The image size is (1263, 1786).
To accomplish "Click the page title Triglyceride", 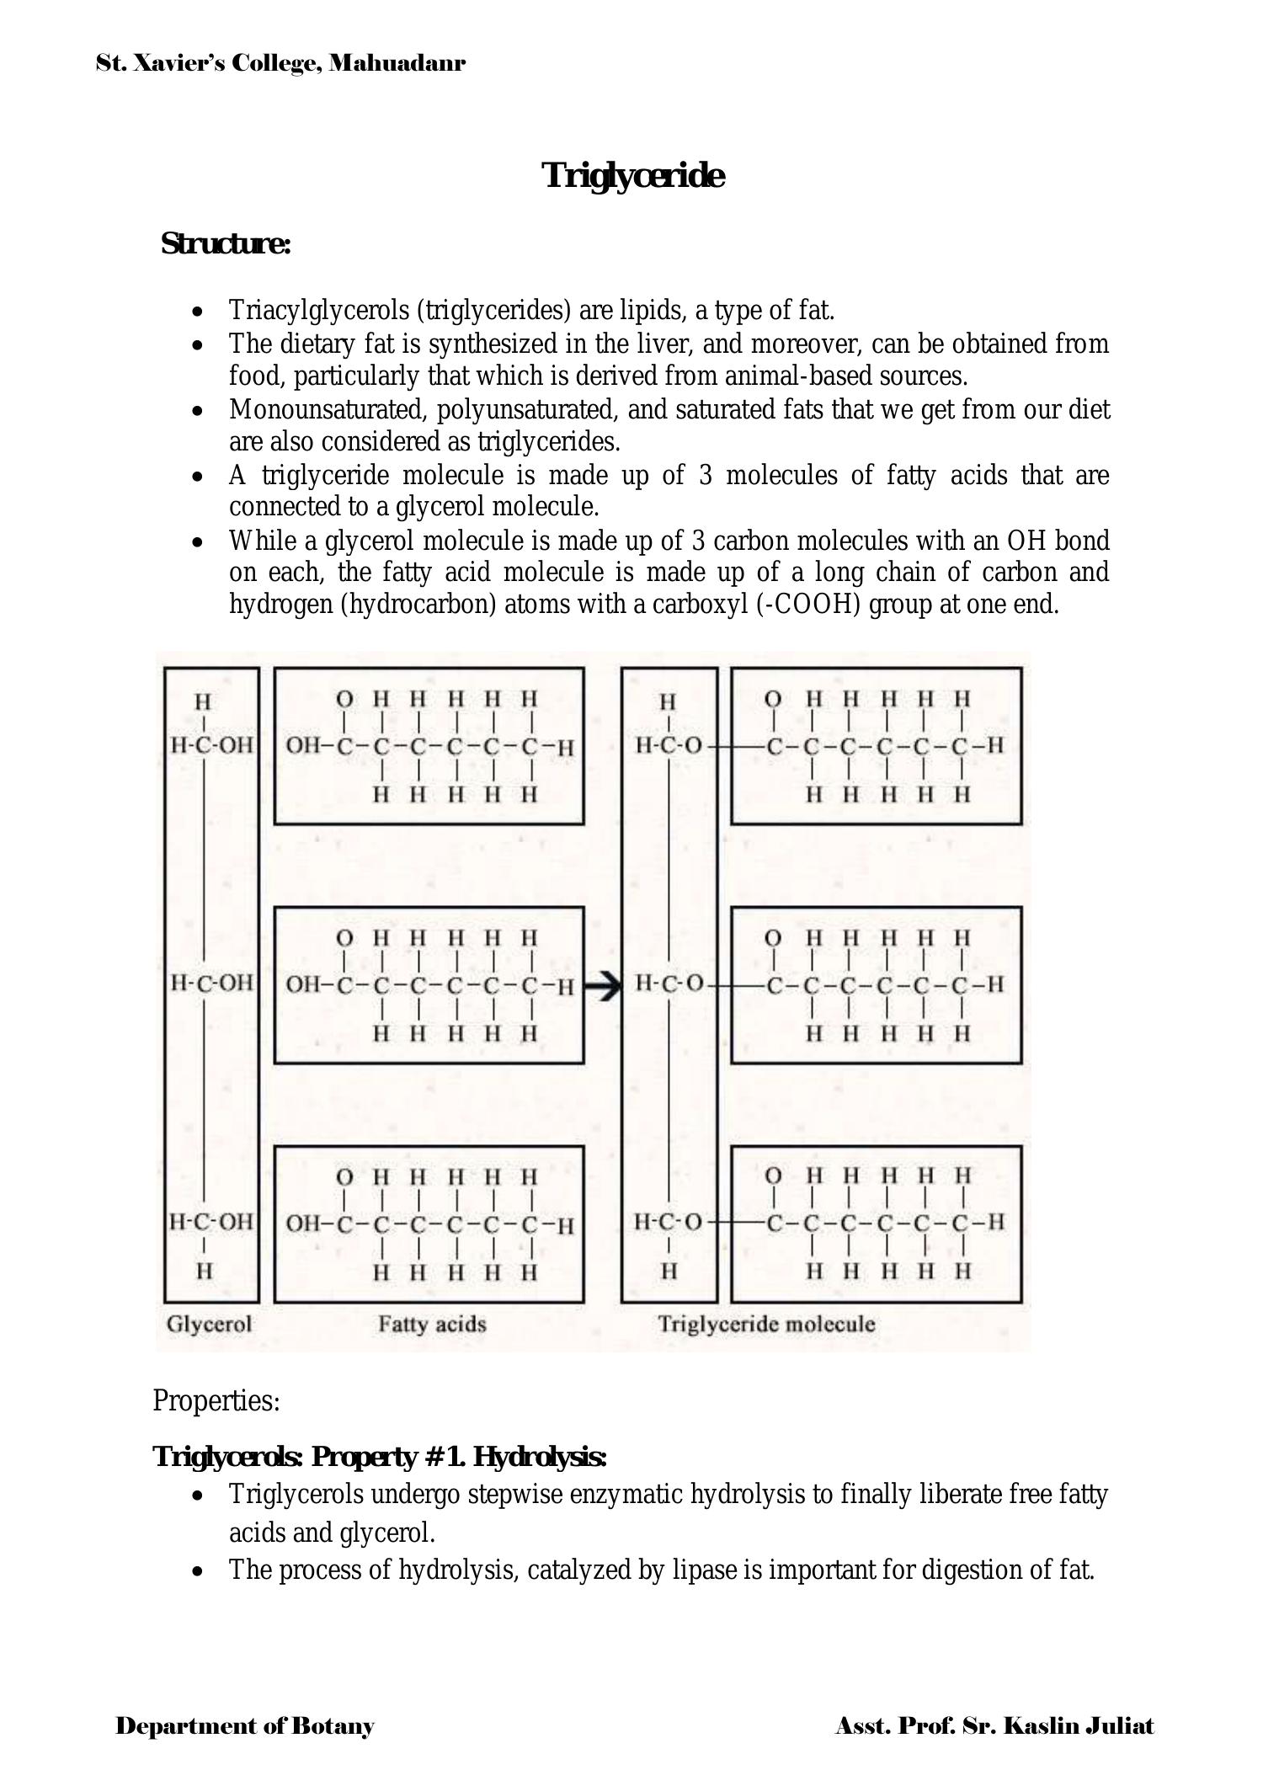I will [x=632, y=176].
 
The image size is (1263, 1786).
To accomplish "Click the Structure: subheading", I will [x=226, y=244].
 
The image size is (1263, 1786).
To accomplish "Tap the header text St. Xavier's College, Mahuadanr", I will [x=280, y=63].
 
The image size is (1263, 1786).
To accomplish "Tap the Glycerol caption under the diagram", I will [x=209, y=1325].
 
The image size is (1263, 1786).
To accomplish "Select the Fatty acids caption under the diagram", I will [x=432, y=1325].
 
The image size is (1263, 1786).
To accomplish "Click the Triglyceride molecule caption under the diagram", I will [x=766, y=1325].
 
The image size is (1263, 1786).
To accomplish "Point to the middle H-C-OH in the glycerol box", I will [x=211, y=983].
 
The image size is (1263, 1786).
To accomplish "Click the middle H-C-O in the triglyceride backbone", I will [x=669, y=983].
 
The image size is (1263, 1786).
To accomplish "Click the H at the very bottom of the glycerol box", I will [x=204, y=1272].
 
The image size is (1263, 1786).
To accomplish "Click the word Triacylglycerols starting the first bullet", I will [x=320, y=311].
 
